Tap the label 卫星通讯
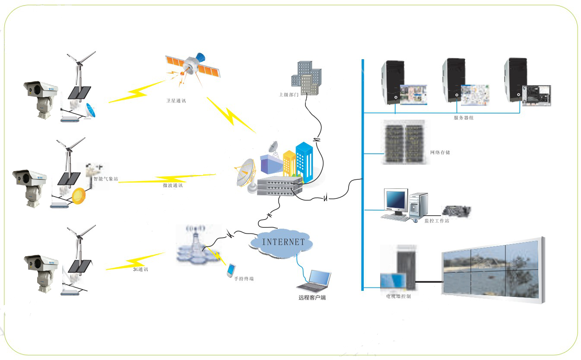point(177,101)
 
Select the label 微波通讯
point(172,185)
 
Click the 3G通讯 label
point(141,269)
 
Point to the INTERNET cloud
point(283,242)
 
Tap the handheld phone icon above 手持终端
point(231,270)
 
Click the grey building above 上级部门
point(306,78)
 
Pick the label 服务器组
point(464,118)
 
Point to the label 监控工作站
point(437,221)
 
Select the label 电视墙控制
point(398,297)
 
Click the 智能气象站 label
point(105,178)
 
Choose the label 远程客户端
point(312,298)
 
